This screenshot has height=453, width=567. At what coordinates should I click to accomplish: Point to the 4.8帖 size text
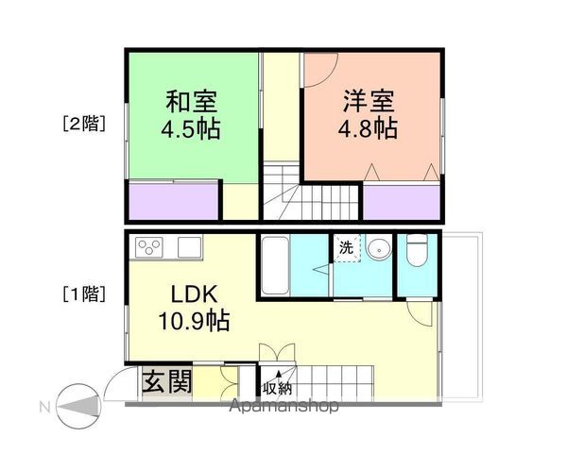pyautogui.click(x=367, y=128)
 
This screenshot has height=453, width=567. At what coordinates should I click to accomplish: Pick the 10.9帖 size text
pyautogui.click(x=193, y=320)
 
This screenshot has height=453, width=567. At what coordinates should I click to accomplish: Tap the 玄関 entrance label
pyautogui.click(x=167, y=382)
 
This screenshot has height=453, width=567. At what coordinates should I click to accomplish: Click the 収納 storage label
pyautogui.click(x=277, y=386)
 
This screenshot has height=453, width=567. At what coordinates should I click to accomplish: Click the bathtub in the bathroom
pyautogui.click(x=274, y=264)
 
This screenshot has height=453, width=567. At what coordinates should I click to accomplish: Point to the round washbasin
pyautogui.click(x=380, y=250)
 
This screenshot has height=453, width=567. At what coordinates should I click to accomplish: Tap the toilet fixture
pyautogui.click(x=417, y=253)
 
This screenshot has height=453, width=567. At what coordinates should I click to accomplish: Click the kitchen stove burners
pyautogui.click(x=149, y=247)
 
